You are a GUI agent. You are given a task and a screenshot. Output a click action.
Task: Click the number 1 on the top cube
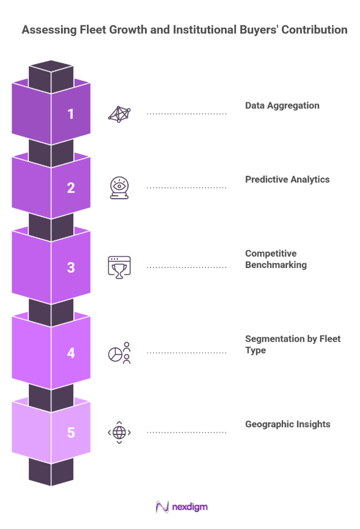71,113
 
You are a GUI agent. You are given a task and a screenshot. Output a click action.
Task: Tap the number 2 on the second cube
71,188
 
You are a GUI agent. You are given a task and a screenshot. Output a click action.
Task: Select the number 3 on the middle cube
71,267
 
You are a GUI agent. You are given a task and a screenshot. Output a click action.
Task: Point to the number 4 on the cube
71,353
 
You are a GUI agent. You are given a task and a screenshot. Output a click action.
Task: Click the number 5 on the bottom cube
71,433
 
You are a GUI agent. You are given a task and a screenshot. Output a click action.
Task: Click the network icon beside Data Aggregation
119,113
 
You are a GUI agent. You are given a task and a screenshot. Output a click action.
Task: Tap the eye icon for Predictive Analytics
119,188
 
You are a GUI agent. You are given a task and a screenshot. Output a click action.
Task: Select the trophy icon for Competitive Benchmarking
119,266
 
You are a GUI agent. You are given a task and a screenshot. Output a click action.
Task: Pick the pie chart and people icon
119,353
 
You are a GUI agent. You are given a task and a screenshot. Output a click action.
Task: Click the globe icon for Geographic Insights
119,433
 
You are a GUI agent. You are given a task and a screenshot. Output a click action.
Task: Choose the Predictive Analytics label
287,180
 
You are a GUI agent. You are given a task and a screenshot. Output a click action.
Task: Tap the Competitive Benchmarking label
275,259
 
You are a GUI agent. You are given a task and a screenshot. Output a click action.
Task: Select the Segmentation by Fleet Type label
292,344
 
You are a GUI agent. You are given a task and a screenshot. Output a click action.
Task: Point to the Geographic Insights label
287,424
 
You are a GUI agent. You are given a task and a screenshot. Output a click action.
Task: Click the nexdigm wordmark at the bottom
190,507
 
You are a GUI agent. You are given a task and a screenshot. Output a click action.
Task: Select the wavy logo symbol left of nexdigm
162,507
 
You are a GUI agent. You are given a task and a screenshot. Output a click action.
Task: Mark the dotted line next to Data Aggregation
186,113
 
